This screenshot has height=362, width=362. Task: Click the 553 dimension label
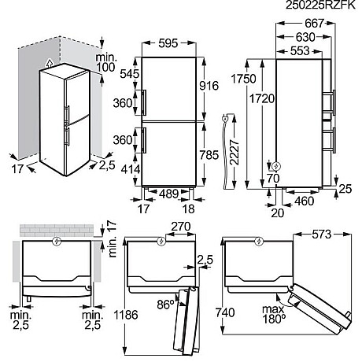pyautogui.click(x=297, y=50)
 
